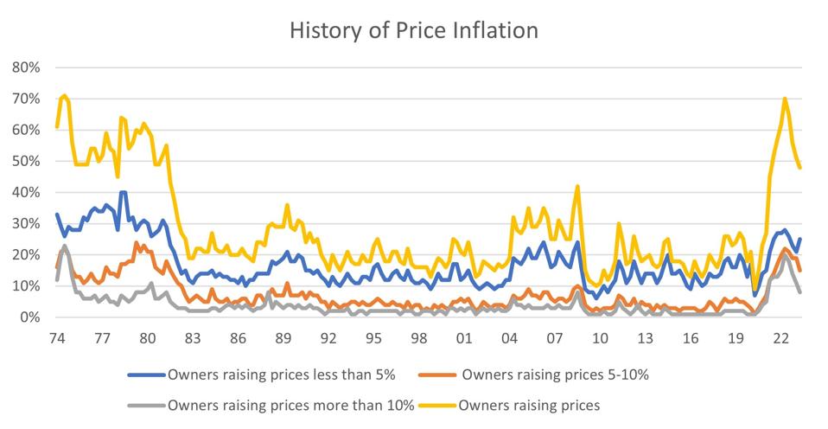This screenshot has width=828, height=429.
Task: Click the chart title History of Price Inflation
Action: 414,30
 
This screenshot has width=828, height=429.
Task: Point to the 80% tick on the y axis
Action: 24,67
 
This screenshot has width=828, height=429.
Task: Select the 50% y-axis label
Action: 24,161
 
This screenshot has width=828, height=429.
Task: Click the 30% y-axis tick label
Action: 24,223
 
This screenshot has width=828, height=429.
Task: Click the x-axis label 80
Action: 147,337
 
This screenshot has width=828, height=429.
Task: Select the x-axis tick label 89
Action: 283,337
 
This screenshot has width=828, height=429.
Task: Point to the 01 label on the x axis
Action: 463,337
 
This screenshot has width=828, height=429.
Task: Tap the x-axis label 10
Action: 599,337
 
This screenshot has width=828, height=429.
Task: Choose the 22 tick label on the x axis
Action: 780,337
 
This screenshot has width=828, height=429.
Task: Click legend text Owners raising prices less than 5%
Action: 280,375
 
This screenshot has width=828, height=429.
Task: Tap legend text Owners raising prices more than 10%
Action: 291,404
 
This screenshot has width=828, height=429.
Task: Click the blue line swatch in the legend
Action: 146,375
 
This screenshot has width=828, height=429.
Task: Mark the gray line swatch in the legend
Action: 146,405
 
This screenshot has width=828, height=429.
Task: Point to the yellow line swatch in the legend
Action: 439,405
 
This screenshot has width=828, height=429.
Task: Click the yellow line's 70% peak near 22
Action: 785,99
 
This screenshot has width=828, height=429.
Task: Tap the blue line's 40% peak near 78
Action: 123,192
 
